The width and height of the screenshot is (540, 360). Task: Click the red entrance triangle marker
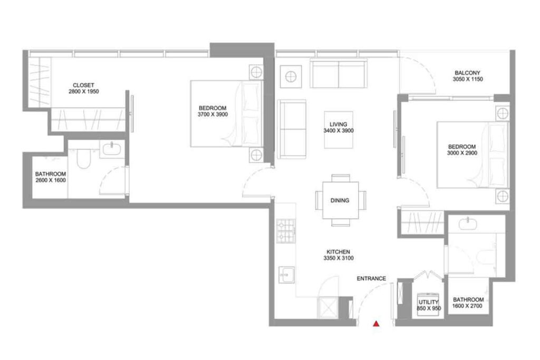377,324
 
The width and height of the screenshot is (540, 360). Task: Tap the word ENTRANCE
371,278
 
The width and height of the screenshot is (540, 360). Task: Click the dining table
340,200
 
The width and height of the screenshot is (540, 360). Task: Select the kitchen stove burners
286,231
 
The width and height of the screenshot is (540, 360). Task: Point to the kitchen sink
286,275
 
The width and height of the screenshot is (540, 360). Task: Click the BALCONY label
467,73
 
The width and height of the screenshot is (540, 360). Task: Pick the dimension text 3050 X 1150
468,79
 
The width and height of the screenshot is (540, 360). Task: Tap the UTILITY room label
429,302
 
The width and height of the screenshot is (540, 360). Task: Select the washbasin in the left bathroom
112,149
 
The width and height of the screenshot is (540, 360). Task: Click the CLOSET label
83,85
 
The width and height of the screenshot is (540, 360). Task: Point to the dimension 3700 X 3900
213,114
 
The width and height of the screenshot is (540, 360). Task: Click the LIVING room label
338,124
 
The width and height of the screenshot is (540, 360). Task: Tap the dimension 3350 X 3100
339,258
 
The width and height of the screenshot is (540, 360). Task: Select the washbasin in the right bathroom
468,223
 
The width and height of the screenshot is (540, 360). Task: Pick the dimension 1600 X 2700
467,306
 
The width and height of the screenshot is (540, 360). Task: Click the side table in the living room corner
291,77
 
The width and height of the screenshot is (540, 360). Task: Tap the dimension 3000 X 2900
462,153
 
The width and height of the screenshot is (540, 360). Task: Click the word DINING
340,200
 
